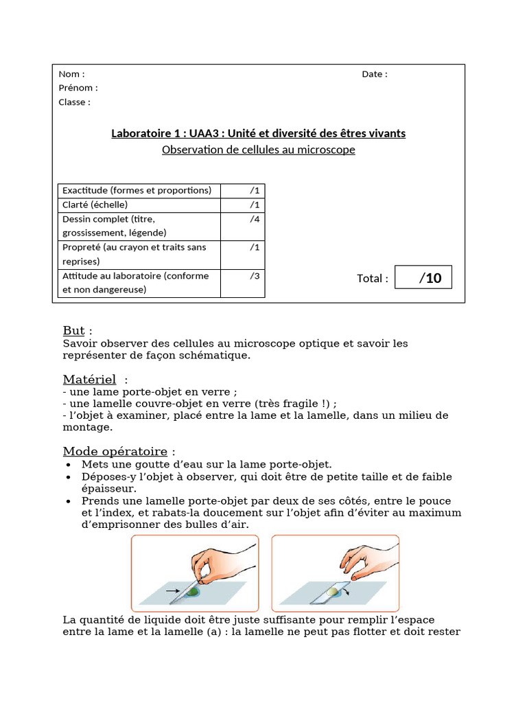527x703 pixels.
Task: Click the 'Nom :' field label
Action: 71,74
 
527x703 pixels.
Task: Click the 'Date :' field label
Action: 374,74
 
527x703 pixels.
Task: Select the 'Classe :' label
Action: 74,102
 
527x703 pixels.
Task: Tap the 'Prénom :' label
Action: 78,88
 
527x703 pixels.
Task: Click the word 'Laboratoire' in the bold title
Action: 140,133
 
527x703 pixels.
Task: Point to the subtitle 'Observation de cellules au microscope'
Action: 258,150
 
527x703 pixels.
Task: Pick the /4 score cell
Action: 242,226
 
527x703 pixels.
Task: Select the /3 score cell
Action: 242,283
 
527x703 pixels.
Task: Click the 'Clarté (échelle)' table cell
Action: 139,205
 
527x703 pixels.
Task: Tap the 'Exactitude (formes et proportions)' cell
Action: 139,190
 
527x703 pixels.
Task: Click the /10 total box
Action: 423,278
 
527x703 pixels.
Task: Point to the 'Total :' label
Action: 373,279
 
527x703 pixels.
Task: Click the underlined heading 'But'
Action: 73,331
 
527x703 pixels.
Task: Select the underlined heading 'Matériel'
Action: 89,380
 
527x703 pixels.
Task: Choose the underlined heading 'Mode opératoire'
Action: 115,451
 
